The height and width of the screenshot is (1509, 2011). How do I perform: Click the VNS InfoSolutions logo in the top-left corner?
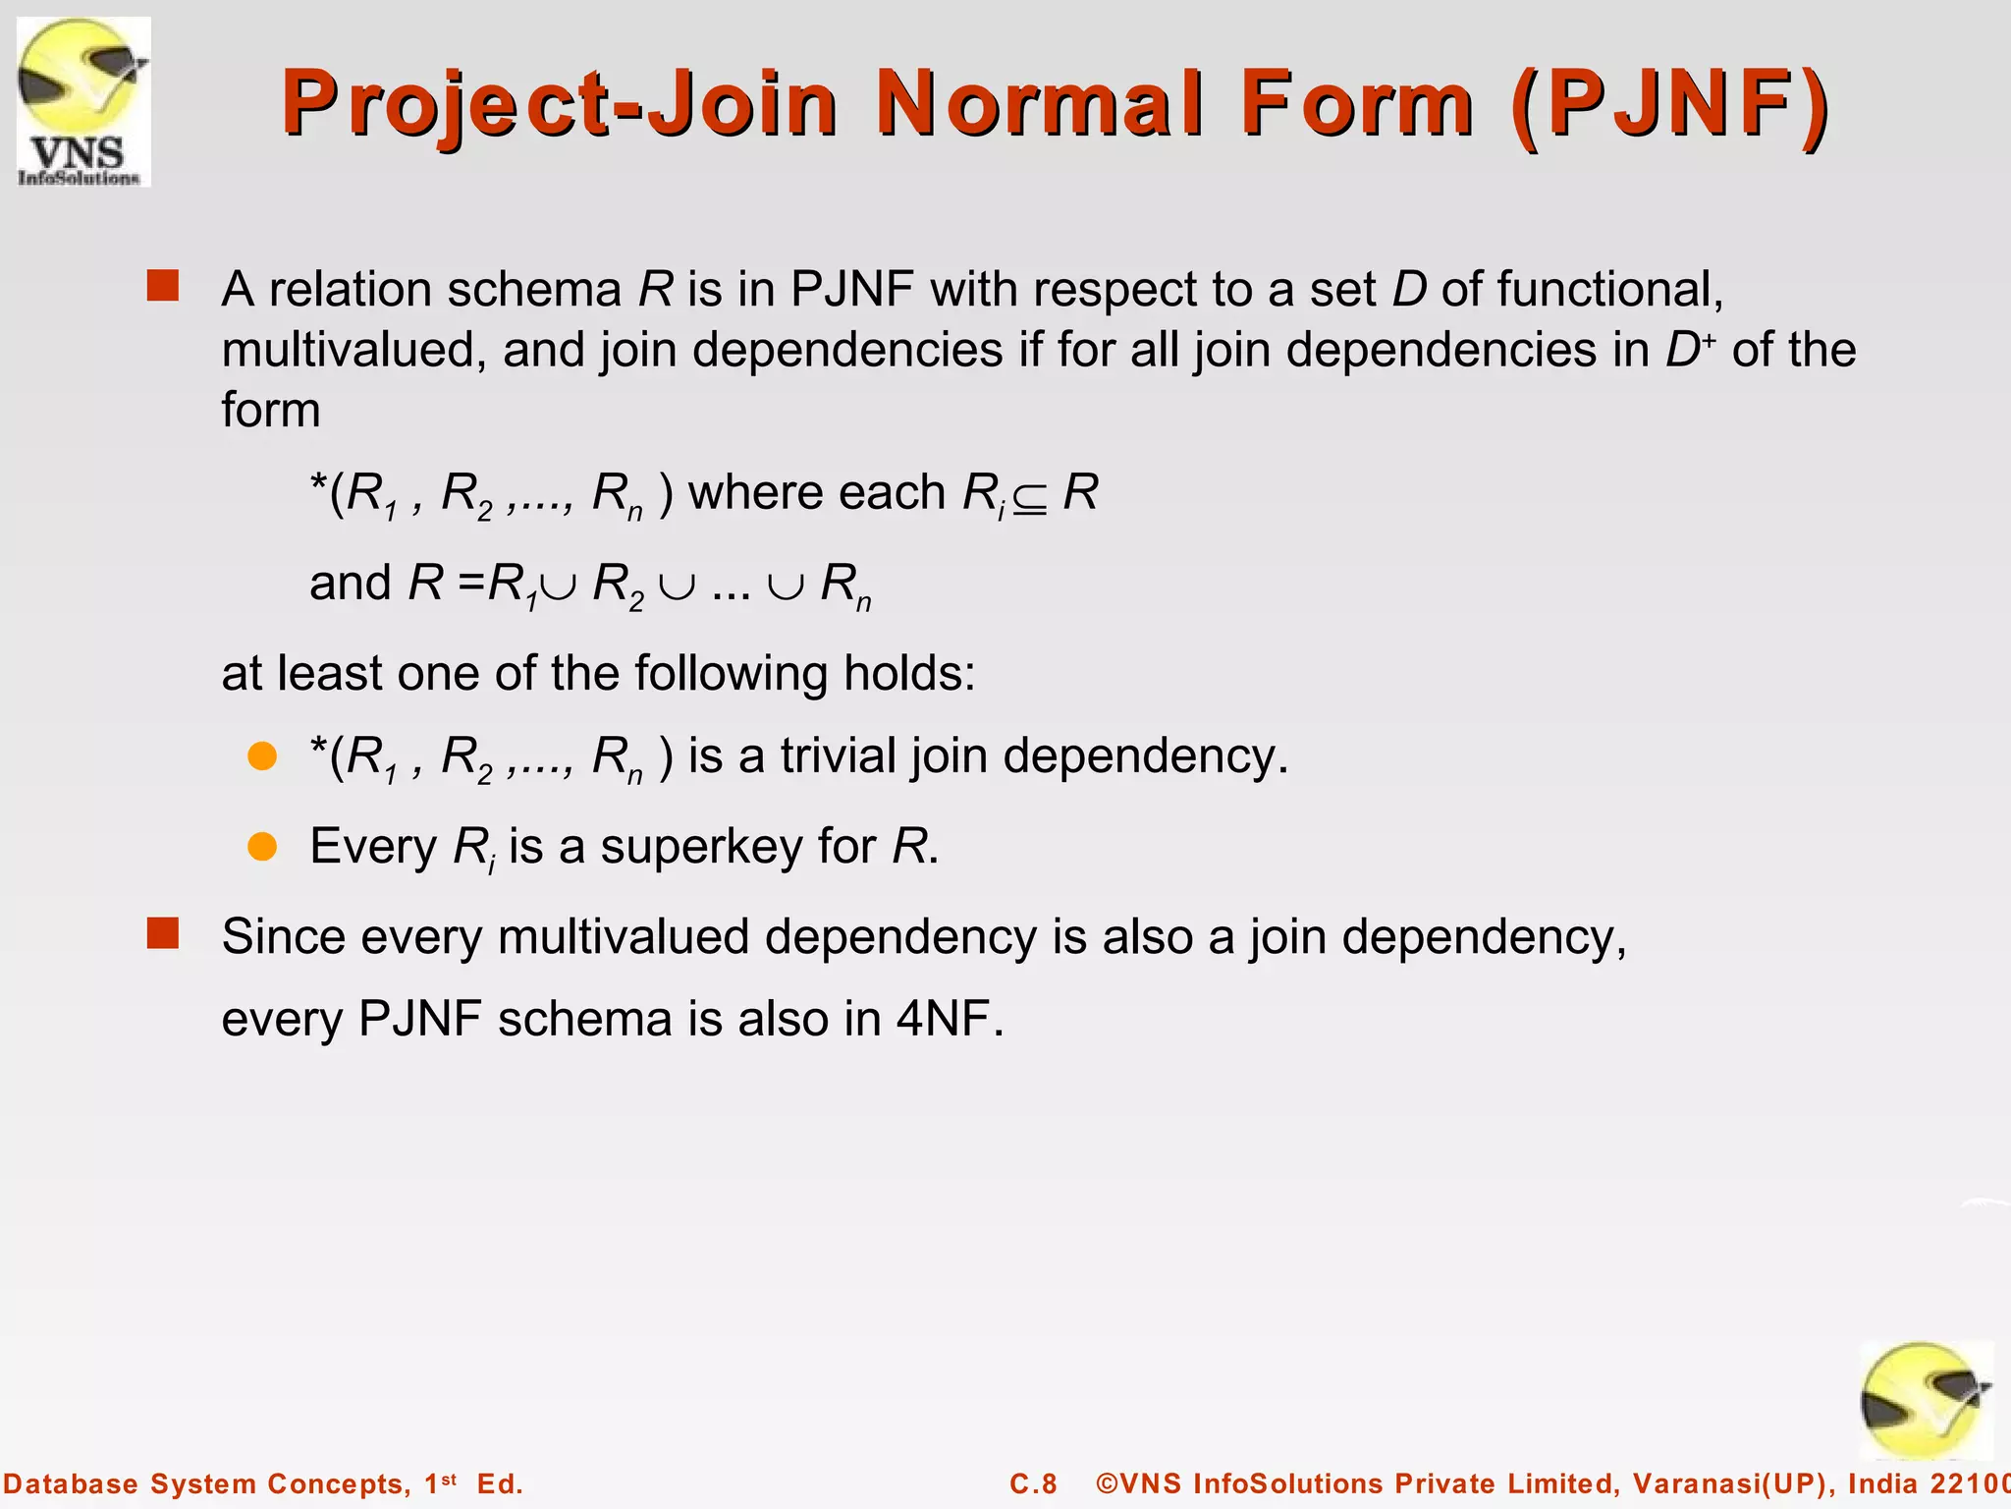[83, 102]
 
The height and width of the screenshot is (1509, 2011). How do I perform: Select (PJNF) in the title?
[1670, 104]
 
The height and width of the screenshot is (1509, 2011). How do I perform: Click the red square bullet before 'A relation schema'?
[163, 286]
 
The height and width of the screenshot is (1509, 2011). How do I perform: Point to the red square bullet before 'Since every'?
[163, 933]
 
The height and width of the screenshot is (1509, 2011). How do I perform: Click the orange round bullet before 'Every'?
[262, 846]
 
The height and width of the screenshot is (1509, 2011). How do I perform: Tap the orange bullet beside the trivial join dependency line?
[262, 755]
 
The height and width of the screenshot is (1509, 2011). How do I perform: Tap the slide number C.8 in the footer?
[1033, 1483]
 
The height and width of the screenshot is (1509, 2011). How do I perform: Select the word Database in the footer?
[71, 1483]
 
